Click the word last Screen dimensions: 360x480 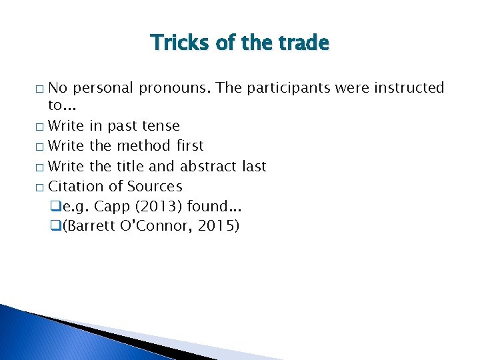click(x=253, y=167)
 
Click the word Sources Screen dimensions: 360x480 click(x=155, y=187)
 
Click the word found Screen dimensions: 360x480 click(x=208, y=207)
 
